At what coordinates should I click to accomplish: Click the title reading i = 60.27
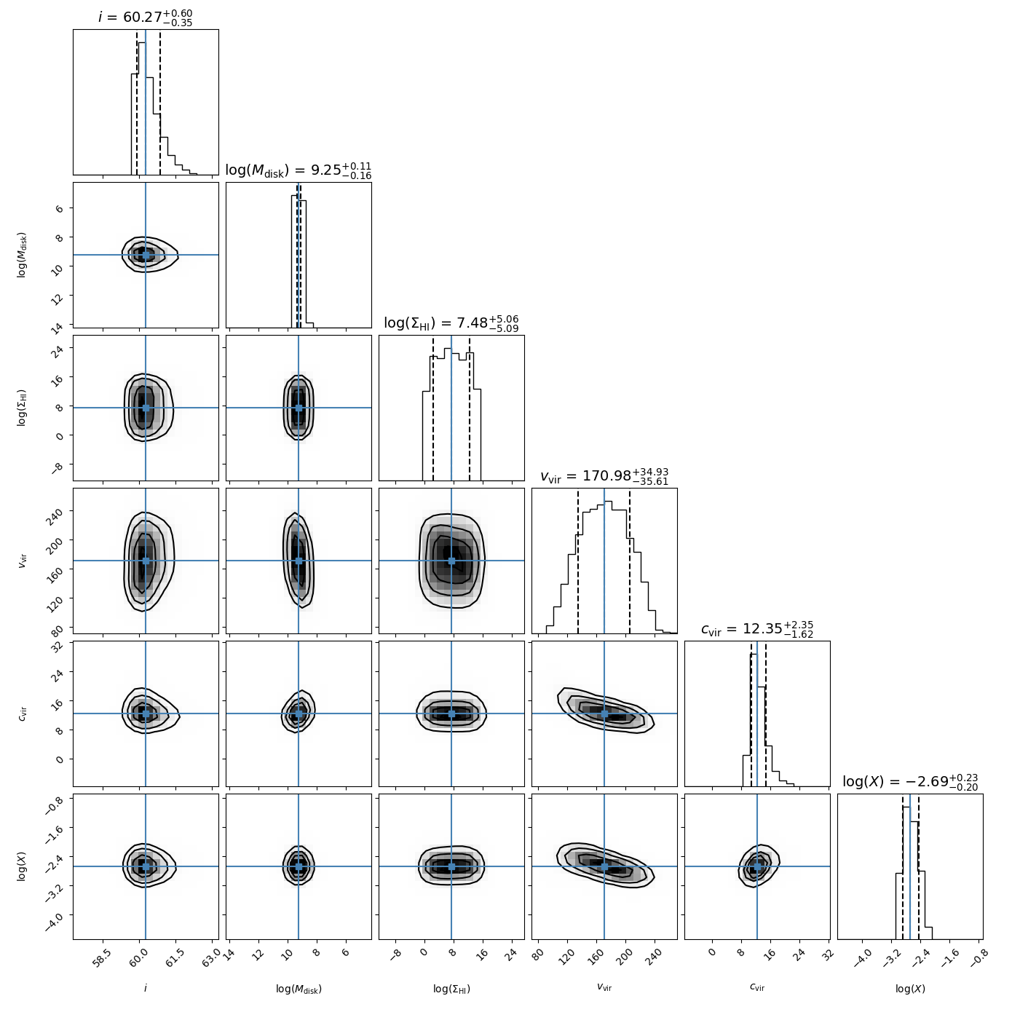[x=146, y=17]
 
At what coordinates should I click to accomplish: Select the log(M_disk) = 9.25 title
[x=298, y=170]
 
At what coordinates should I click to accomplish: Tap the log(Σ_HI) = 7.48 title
[x=451, y=323]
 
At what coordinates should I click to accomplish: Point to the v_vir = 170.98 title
[x=604, y=476]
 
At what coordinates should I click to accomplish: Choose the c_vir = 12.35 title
[x=756, y=629]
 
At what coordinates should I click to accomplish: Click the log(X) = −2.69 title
[x=909, y=782]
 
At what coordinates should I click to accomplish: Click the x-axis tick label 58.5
[x=102, y=957]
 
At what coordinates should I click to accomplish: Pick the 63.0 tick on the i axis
[x=211, y=957]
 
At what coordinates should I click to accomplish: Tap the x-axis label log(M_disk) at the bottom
[x=299, y=989]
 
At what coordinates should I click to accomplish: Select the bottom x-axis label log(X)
[x=910, y=989]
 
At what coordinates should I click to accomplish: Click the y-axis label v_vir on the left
[x=22, y=561]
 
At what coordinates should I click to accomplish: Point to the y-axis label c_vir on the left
[x=22, y=713]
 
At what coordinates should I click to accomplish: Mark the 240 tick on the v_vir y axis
[x=58, y=511]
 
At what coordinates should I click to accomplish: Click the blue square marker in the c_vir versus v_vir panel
[x=604, y=713]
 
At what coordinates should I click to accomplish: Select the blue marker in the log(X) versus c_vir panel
[x=757, y=866]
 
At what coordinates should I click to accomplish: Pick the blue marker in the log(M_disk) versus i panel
[x=146, y=255]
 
